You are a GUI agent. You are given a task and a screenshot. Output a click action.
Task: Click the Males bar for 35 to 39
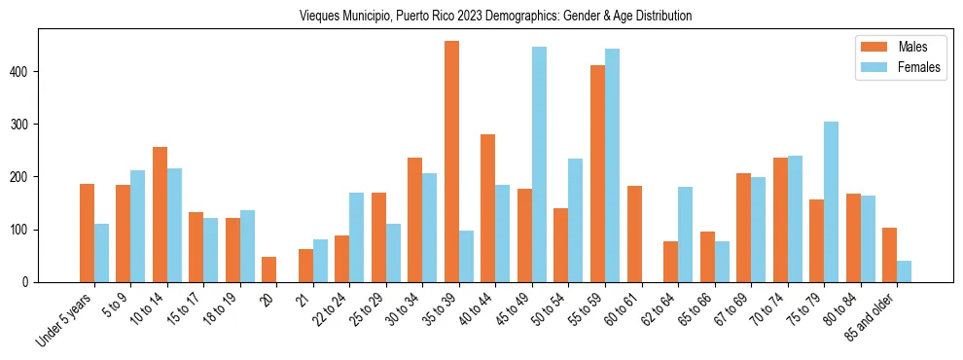pos(451,162)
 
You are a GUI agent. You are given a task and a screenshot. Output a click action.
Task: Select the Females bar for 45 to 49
pos(539,164)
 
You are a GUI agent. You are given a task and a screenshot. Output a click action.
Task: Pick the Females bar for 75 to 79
pos(831,201)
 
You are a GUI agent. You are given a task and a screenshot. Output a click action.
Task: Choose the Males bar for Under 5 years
pos(87,233)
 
